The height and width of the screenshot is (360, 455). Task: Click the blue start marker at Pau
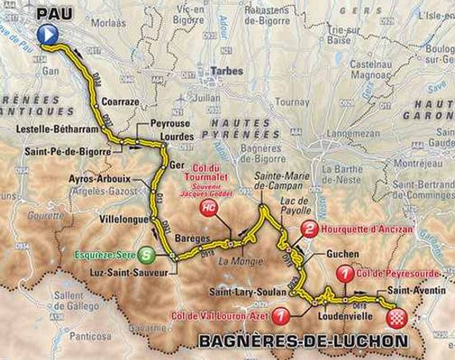[x=48, y=34]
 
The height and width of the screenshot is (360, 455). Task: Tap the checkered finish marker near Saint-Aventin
[x=398, y=317]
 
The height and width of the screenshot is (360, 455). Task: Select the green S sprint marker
[x=145, y=255]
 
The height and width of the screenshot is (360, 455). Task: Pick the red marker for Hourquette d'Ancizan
[x=308, y=230]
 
